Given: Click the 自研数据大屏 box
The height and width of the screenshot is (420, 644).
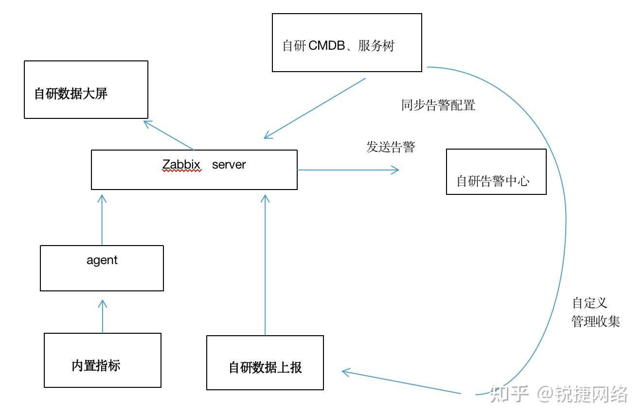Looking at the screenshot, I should (86, 90).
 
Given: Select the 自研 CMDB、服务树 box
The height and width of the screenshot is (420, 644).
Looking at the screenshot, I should (346, 43).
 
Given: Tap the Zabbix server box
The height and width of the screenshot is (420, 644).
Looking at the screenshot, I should (194, 170).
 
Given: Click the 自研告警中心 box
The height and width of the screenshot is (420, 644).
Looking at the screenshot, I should (496, 172).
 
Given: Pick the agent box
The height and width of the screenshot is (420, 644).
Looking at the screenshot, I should (102, 268).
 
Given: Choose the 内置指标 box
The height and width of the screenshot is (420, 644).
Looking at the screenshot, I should (102, 360).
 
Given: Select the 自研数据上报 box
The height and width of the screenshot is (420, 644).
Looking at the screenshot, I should (265, 363).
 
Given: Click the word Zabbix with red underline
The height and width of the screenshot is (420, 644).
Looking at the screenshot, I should (181, 165).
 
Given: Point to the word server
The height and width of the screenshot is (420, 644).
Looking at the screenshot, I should (229, 165).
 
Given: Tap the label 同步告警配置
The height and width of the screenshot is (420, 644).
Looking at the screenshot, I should (438, 105).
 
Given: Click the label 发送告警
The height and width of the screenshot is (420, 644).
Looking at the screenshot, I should (390, 147).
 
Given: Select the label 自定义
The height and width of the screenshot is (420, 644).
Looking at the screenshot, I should (590, 303).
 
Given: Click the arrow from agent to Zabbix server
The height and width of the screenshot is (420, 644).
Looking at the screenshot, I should (102, 219).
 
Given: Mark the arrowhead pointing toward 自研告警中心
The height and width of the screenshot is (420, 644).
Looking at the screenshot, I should (394, 170).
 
